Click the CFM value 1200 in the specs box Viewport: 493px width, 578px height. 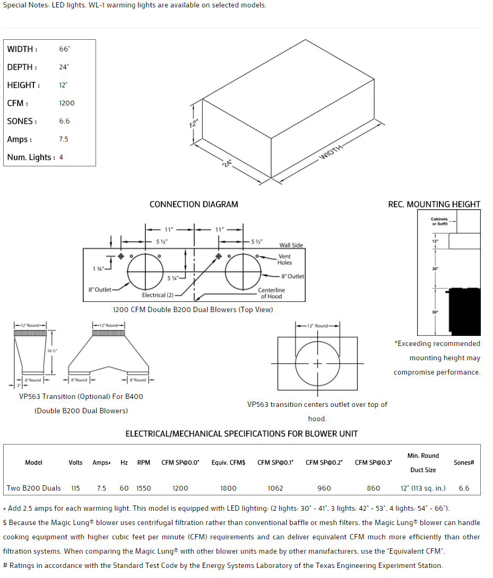pyautogui.click(x=67, y=103)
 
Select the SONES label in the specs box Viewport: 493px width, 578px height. pyautogui.click(x=22, y=121)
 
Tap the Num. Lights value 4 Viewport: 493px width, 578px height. pyautogui.click(x=61, y=157)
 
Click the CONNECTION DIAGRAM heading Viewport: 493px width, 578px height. pyautogui.click(x=194, y=204)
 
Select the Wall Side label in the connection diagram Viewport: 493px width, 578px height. pyautogui.click(x=291, y=245)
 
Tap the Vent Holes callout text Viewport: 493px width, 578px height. pyautogui.click(x=285, y=260)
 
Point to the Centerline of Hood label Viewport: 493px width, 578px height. pyautogui.click(x=272, y=293)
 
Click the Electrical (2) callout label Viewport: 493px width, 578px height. pyautogui.click(x=158, y=295)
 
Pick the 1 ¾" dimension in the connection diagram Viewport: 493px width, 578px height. pyautogui.click(x=98, y=269)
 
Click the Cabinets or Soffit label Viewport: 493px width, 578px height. pyautogui.click(x=439, y=221)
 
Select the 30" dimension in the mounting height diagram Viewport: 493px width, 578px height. pyautogui.click(x=435, y=269)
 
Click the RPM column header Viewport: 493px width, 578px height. pyautogui.click(x=144, y=463)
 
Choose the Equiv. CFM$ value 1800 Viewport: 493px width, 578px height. pyautogui.click(x=228, y=488)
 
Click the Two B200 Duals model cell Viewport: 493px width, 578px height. pyautogui.click(x=33, y=488)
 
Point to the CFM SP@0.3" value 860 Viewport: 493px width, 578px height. pyautogui.click(x=374, y=488)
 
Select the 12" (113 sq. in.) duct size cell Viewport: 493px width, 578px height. pyautogui.click(x=423, y=488)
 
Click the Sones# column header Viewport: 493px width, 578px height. pyautogui.click(x=464, y=463)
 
